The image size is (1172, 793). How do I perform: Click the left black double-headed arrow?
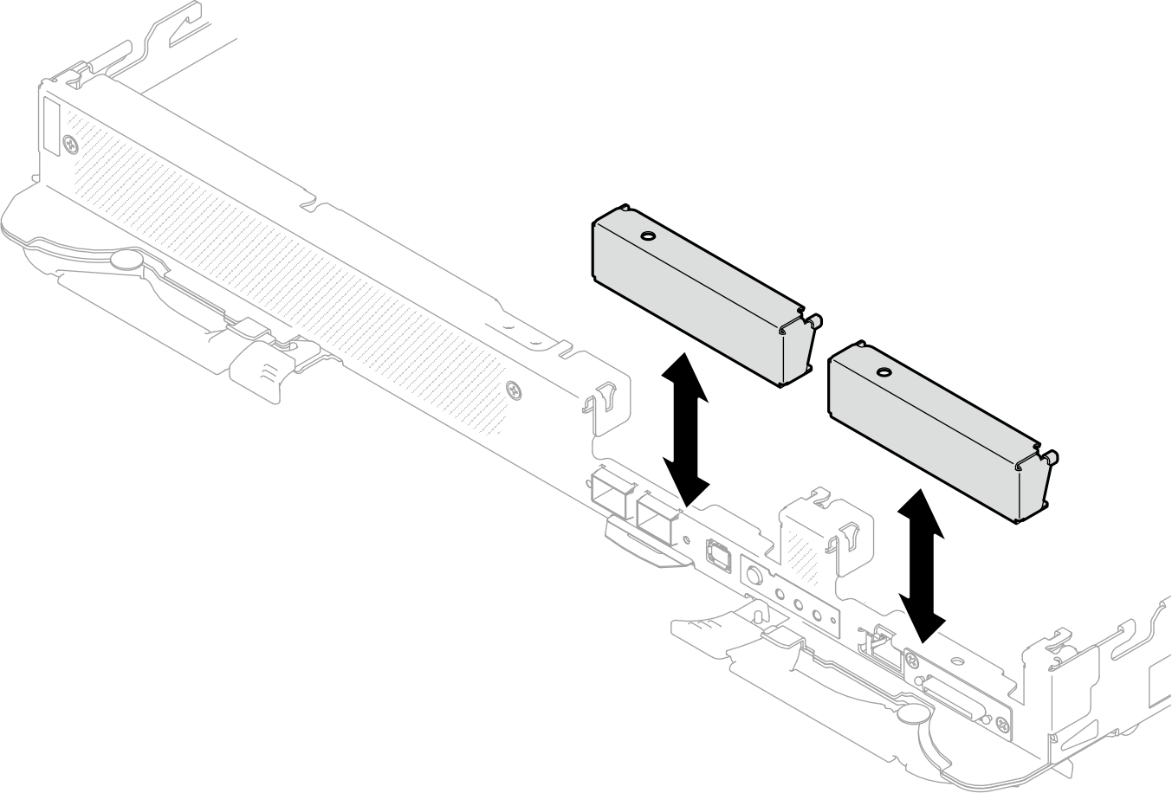(x=684, y=429)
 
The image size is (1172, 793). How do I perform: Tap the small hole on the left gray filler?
(x=646, y=235)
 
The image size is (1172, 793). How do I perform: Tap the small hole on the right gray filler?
(x=883, y=372)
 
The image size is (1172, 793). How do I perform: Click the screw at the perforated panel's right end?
(x=516, y=390)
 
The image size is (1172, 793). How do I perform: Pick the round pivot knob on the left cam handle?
(x=127, y=259)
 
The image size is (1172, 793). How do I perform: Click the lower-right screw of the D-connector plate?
(x=1002, y=725)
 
